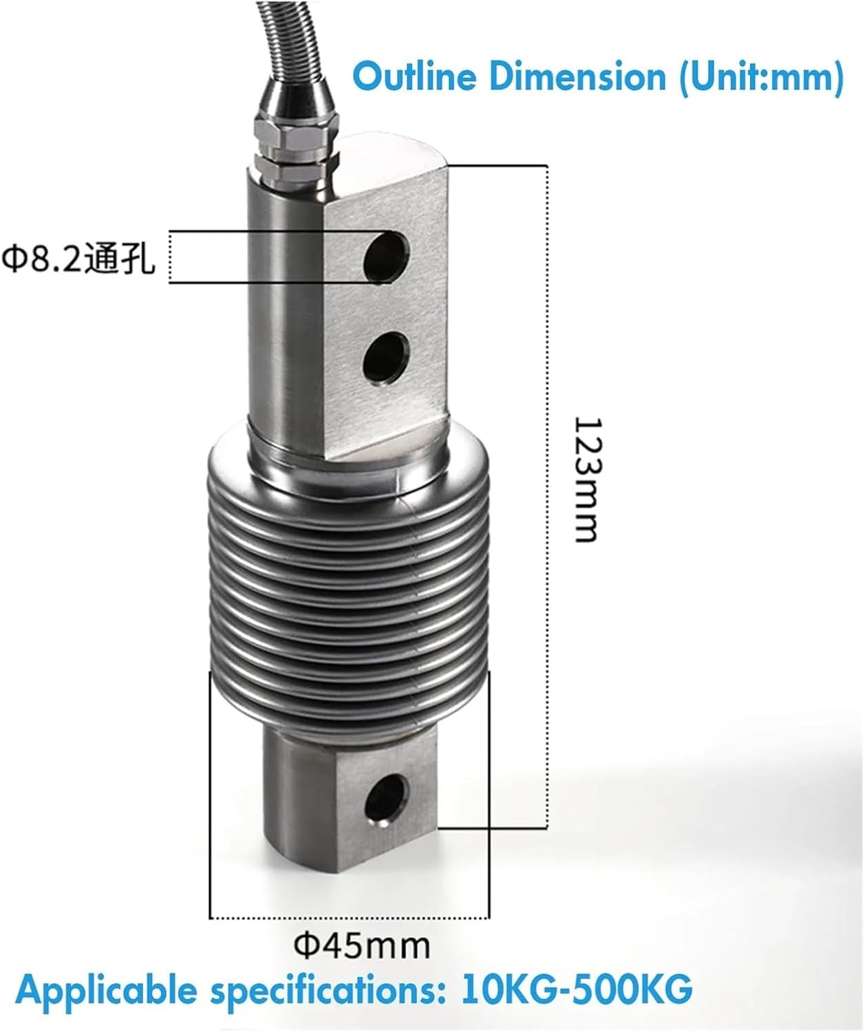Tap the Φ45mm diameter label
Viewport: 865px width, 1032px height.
pyautogui.click(x=362, y=946)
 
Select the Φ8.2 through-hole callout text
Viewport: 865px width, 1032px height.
pyautogui.click(x=78, y=259)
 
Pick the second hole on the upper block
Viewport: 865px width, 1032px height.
pyautogui.click(x=386, y=356)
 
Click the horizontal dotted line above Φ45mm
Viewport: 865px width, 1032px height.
pyautogui.click(x=350, y=917)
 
